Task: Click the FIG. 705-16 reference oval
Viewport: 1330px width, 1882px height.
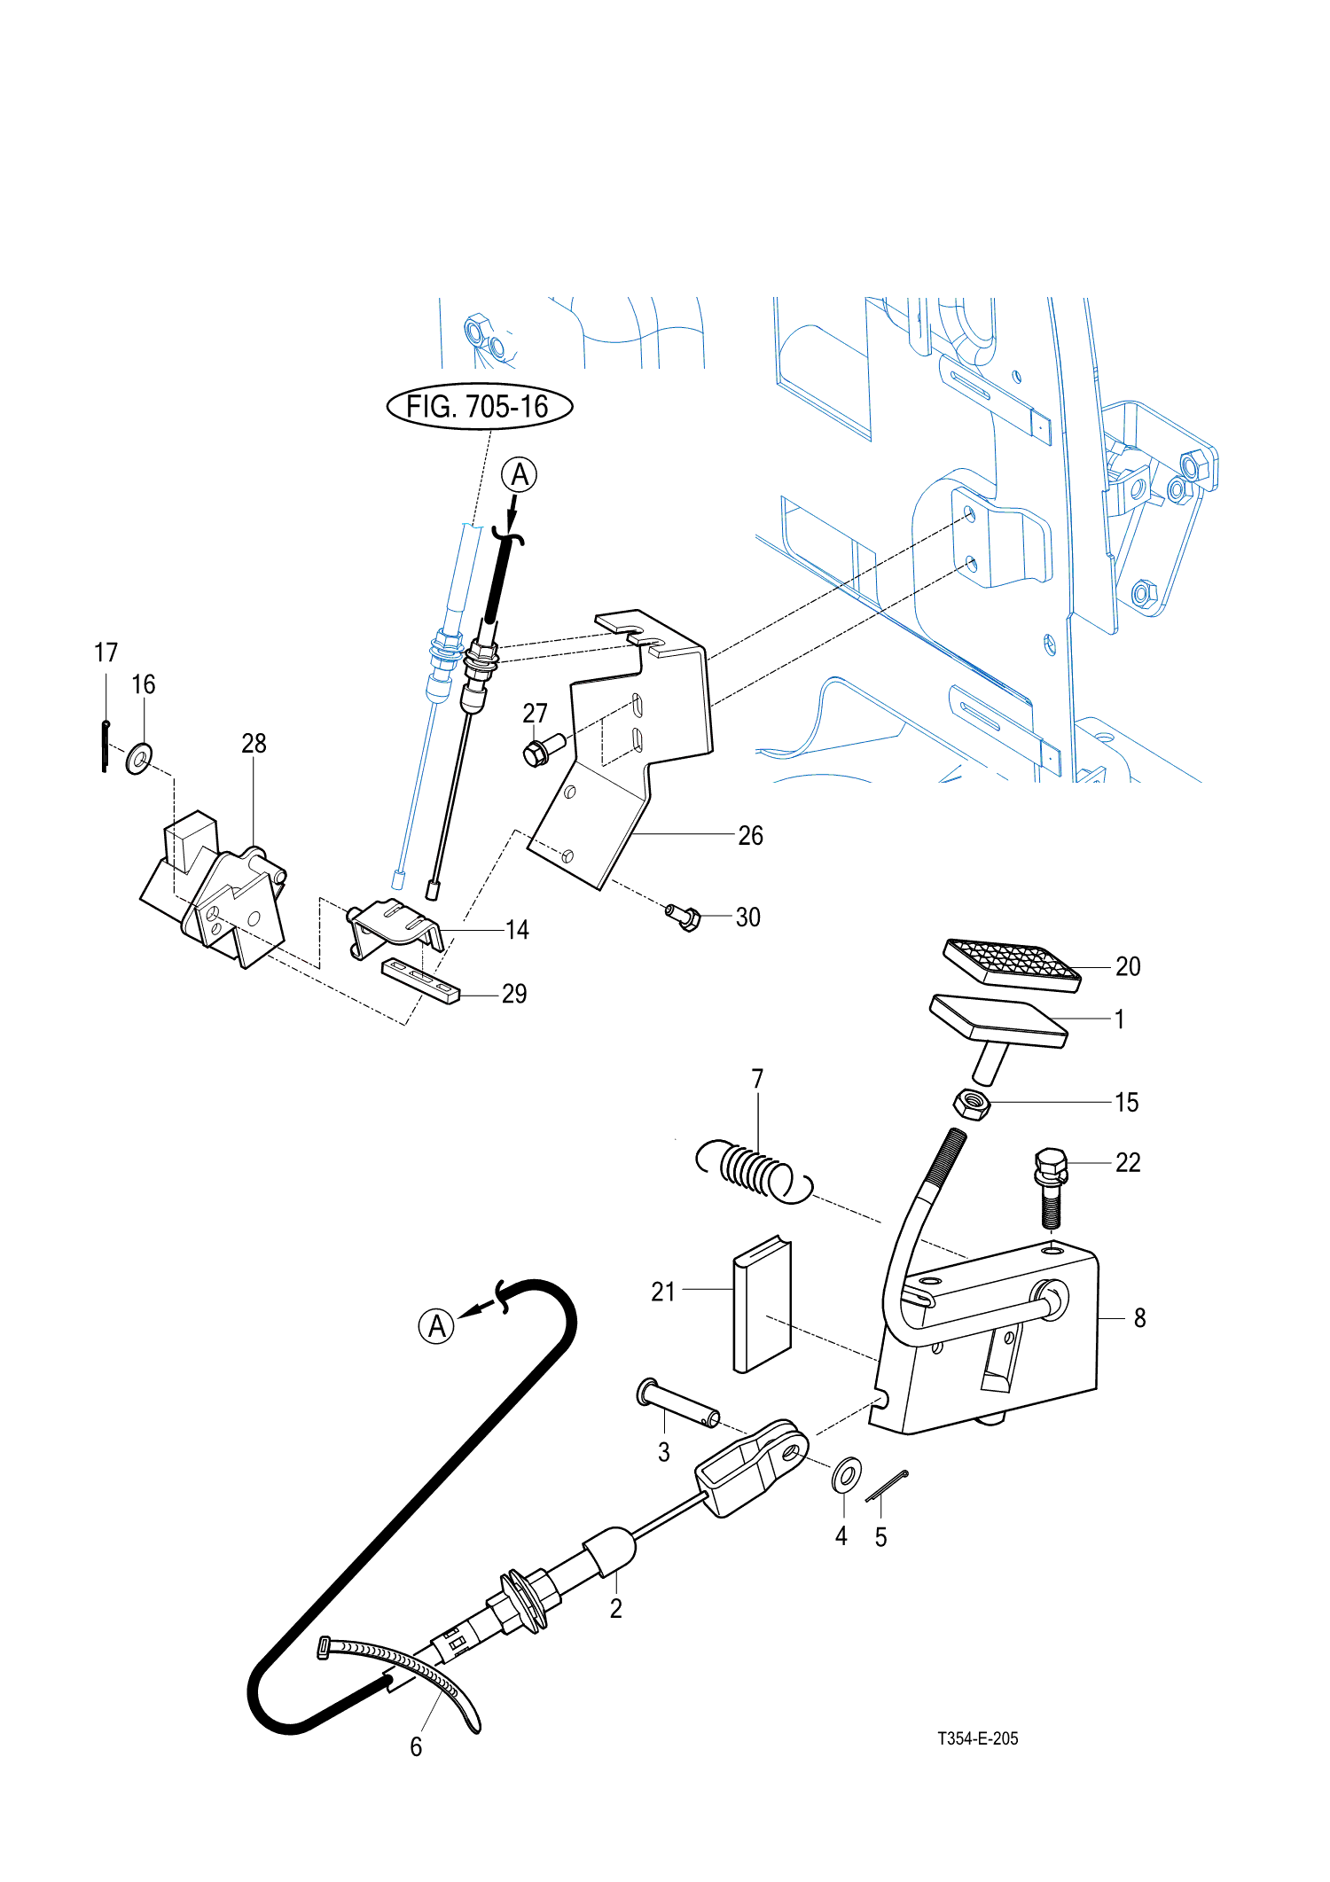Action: click(x=480, y=407)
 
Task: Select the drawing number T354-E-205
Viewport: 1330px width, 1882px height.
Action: click(x=978, y=1738)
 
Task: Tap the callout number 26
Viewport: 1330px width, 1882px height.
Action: click(x=750, y=835)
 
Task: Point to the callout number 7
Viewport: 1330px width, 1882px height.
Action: click(x=757, y=1078)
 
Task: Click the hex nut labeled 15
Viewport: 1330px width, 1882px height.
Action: click(x=972, y=1104)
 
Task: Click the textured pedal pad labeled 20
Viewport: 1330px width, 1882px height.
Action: click(x=1012, y=964)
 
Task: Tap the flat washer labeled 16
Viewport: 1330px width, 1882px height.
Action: click(x=139, y=759)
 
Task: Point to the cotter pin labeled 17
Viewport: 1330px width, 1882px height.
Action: click(x=106, y=746)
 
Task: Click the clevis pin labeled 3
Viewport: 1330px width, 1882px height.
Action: click(x=677, y=1402)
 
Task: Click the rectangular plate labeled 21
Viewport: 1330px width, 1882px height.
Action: click(x=762, y=1304)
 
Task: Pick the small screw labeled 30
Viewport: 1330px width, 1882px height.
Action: click(x=683, y=916)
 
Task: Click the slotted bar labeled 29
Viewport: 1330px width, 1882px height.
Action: click(x=421, y=980)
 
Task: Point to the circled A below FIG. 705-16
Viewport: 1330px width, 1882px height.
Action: click(x=520, y=474)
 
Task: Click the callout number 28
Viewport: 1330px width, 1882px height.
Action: click(x=254, y=743)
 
